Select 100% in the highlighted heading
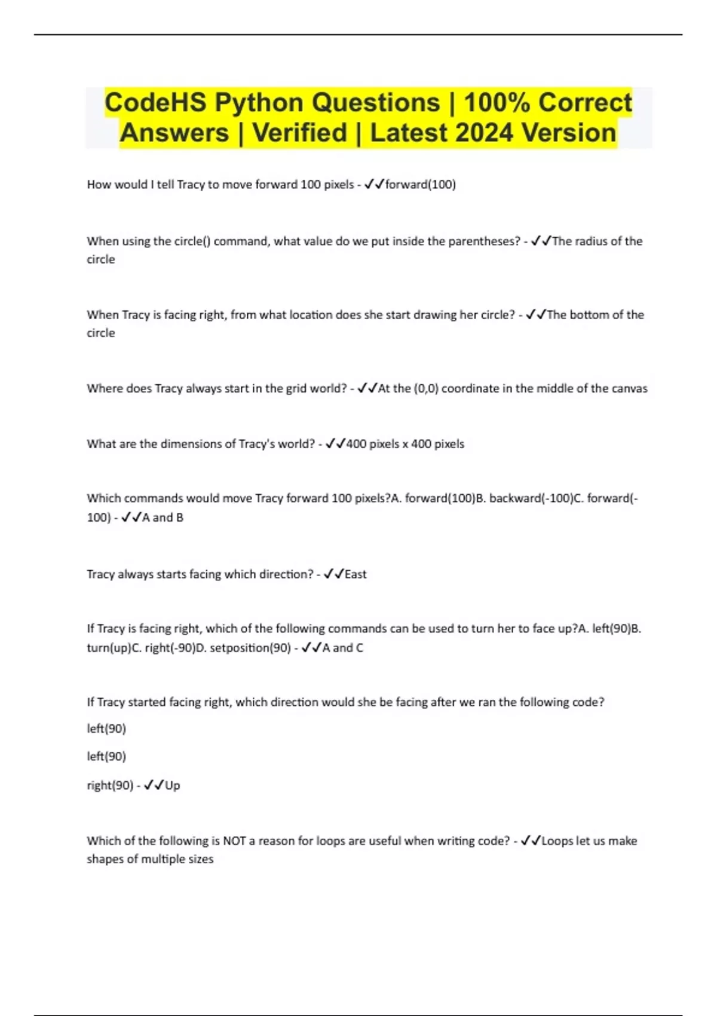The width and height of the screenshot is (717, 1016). click(x=497, y=103)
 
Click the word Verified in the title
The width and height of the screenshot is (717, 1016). click(x=299, y=133)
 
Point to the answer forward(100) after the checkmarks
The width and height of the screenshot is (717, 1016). click(x=421, y=185)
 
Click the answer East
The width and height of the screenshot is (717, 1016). click(x=356, y=574)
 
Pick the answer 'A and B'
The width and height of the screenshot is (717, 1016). click(x=163, y=518)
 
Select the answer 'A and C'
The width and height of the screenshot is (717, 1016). click(x=342, y=648)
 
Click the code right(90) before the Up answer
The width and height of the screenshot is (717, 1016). click(x=110, y=785)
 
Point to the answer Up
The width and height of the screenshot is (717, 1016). click(x=172, y=785)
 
